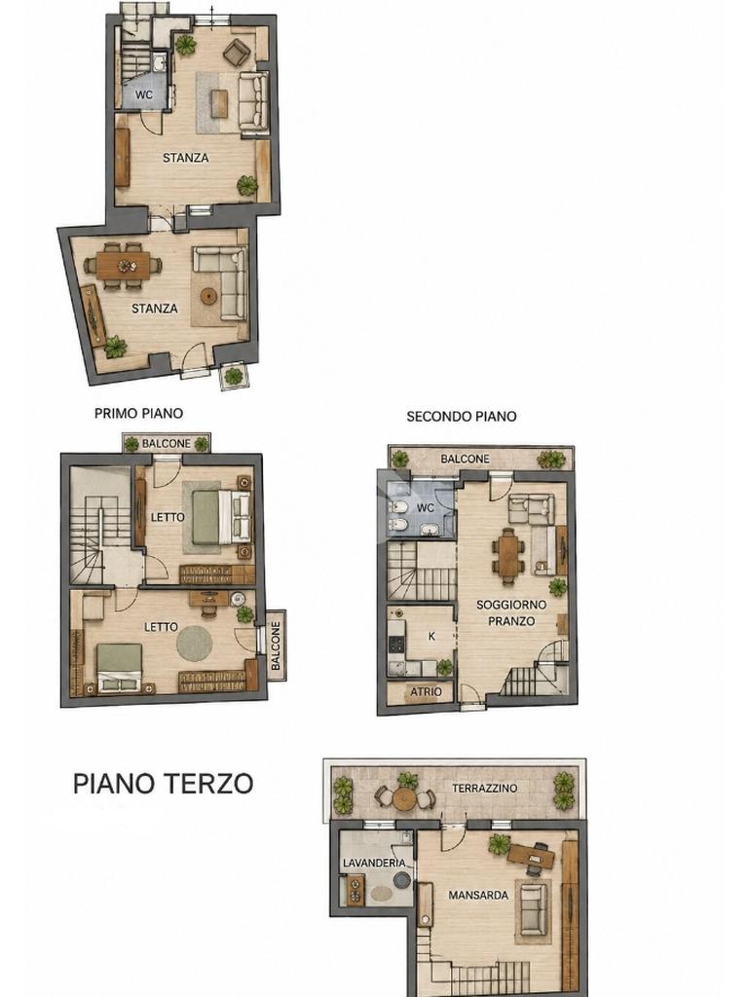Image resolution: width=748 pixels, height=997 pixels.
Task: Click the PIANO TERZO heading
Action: pyautogui.click(x=164, y=784)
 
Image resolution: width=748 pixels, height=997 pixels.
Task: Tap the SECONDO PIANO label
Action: pyautogui.click(x=461, y=417)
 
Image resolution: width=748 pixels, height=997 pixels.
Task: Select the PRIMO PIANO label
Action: pyautogui.click(x=138, y=413)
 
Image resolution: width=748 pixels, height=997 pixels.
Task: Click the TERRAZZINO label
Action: pyautogui.click(x=485, y=789)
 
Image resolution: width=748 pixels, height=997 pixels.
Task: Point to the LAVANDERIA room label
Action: pyautogui.click(x=374, y=863)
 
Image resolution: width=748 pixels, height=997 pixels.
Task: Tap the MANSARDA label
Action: pyautogui.click(x=478, y=896)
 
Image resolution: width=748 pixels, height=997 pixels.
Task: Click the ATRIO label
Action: pyautogui.click(x=427, y=692)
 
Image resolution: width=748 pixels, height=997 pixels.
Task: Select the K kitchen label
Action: pyautogui.click(x=431, y=636)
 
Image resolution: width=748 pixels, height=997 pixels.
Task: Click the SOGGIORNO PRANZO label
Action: pyautogui.click(x=511, y=613)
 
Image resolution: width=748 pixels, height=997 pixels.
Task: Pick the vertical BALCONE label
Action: pyautogui.click(x=276, y=646)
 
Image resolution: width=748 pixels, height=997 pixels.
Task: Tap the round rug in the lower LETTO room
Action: pyautogui.click(x=194, y=643)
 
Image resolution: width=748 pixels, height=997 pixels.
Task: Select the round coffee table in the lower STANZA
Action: pyautogui.click(x=209, y=296)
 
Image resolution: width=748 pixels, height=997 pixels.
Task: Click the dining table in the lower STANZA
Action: pyautogui.click(x=124, y=266)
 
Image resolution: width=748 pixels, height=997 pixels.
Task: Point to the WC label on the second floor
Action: pyautogui.click(x=425, y=508)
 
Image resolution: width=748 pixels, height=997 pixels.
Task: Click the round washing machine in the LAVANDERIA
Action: pyautogui.click(x=402, y=879)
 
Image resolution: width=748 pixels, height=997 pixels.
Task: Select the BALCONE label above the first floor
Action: pyautogui.click(x=166, y=443)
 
